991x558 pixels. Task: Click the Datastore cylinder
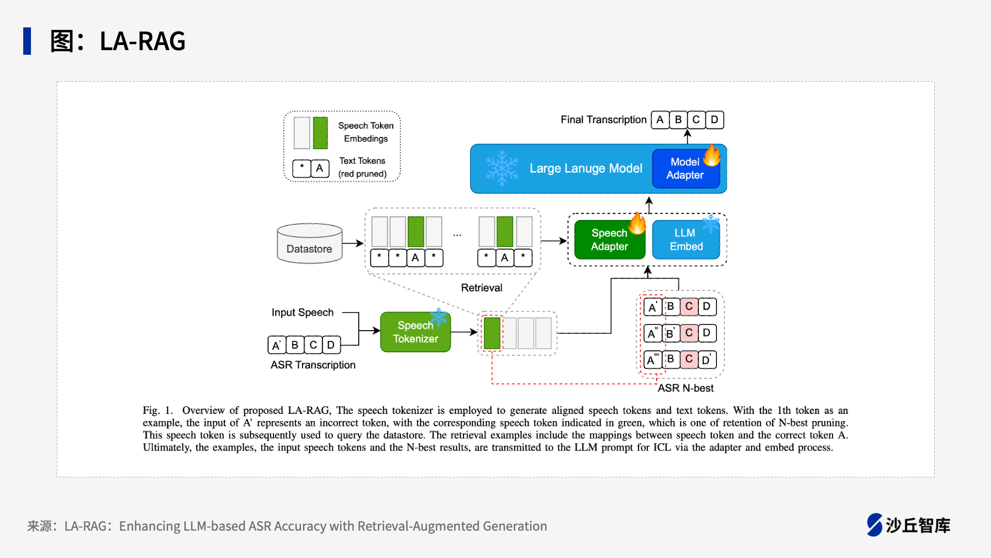[x=310, y=243]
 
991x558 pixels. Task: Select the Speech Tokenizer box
[x=415, y=332]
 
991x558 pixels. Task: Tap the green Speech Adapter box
[x=610, y=240]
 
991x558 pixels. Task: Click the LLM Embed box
[x=686, y=240]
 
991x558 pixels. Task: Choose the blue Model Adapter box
[x=685, y=168]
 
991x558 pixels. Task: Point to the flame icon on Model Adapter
[x=712, y=155]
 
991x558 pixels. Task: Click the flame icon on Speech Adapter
[x=637, y=223]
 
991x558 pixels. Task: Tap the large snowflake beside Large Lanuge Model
[x=502, y=168]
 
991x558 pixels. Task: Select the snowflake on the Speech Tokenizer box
[x=439, y=317]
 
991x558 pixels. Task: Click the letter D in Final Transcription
[x=714, y=120]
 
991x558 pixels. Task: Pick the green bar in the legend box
[x=321, y=133]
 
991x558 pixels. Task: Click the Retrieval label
[x=482, y=288]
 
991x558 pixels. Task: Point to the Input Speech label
[x=302, y=313]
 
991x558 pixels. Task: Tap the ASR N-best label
[x=685, y=388]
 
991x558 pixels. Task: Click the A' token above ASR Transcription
[x=277, y=345]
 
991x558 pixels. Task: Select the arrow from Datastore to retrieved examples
[x=353, y=243]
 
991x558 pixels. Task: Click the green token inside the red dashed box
[x=492, y=333]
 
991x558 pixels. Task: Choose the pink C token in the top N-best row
[x=689, y=306]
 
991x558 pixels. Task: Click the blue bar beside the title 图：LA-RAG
[x=27, y=41]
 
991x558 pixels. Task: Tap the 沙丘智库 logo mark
[x=875, y=525]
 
